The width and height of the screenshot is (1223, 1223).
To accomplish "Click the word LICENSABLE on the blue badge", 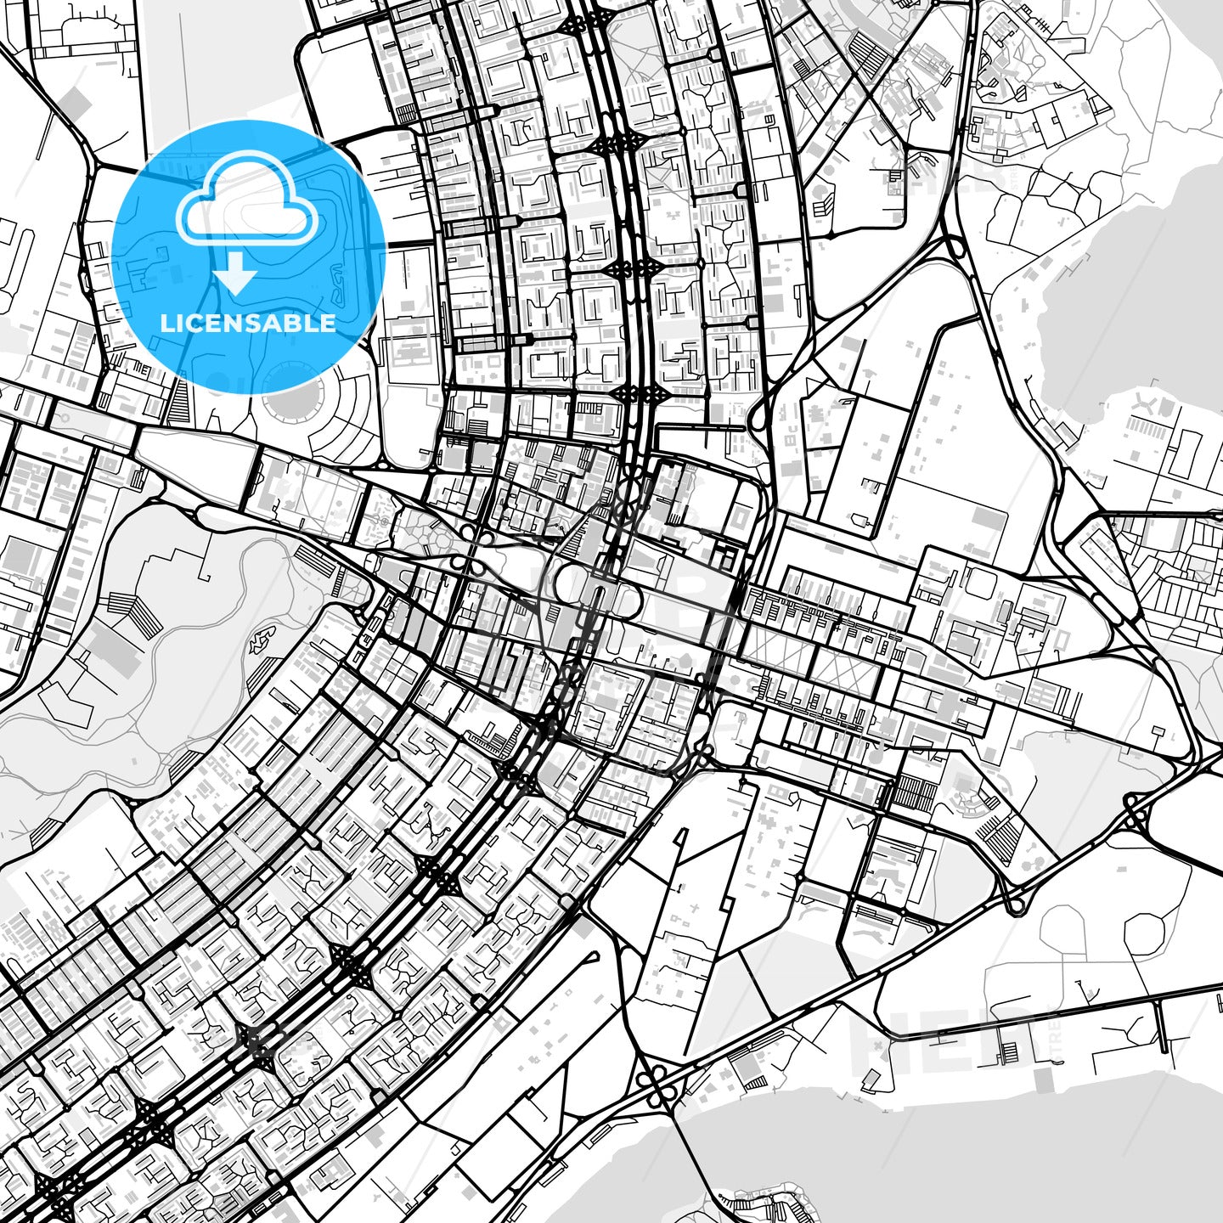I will click(248, 323).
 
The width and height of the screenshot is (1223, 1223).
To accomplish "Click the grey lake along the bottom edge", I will click(849, 1155).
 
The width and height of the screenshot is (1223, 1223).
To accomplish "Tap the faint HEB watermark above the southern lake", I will click(934, 1032).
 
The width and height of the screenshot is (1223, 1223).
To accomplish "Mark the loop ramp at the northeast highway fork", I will click(956, 246).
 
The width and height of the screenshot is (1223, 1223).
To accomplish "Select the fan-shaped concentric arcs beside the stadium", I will click(340, 425).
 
